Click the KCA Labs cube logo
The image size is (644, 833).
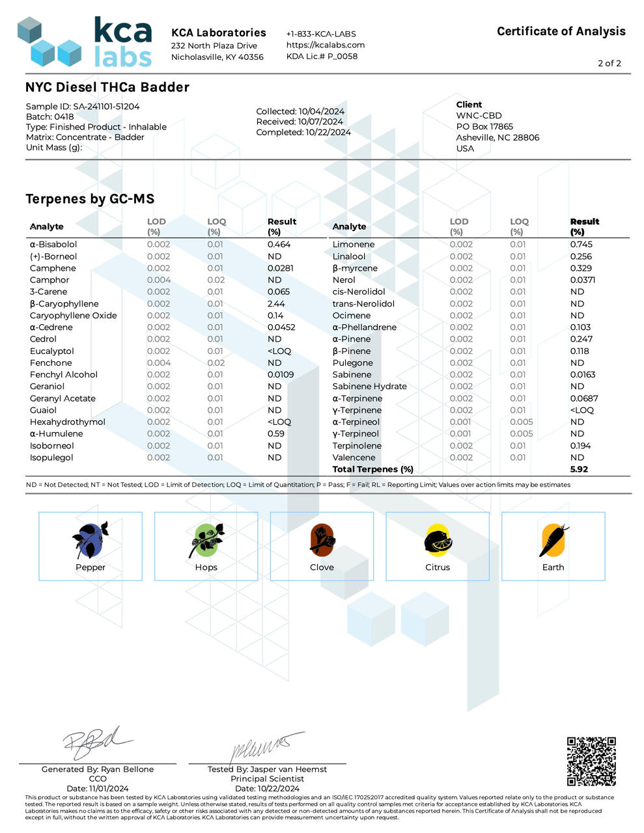tap(49, 42)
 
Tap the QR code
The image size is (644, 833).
tap(591, 761)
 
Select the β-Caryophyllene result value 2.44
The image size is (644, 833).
tap(275, 304)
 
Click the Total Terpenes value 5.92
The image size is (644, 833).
tap(579, 469)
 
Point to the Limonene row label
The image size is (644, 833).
tap(354, 245)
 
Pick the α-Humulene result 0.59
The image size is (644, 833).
tap(275, 434)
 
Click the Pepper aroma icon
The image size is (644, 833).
tap(90, 539)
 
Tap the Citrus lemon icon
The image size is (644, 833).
tap(437, 539)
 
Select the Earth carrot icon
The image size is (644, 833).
tap(553, 539)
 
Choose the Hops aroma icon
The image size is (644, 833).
tap(206, 539)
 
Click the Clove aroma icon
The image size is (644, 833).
tap(322, 539)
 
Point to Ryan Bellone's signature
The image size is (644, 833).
tap(98, 742)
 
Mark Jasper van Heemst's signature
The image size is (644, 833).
tap(267, 746)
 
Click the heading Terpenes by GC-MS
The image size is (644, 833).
tap(90, 199)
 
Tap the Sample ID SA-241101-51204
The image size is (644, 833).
tap(83, 106)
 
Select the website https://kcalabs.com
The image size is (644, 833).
tap(326, 45)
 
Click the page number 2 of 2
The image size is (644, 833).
tap(609, 63)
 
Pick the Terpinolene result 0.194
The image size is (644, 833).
tap(580, 446)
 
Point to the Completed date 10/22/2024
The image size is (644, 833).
tap(303, 132)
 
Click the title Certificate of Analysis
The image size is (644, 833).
tap(561, 31)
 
